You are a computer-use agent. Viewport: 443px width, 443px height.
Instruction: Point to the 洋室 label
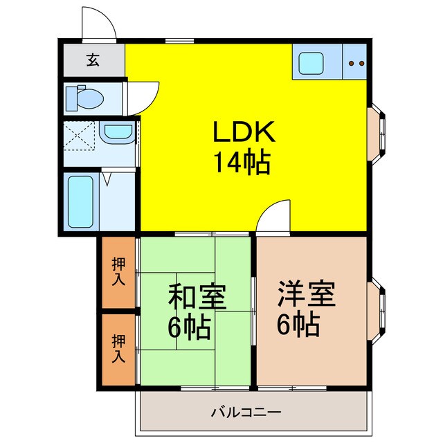(307, 294)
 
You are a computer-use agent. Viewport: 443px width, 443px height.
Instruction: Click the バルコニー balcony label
(246, 413)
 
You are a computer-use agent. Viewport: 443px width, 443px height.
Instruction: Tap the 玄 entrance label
(92, 60)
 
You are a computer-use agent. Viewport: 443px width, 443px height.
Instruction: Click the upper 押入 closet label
(119, 273)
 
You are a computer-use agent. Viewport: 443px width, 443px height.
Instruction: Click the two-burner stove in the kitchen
(356, 64)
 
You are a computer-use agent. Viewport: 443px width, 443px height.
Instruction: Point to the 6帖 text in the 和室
(189, 328)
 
